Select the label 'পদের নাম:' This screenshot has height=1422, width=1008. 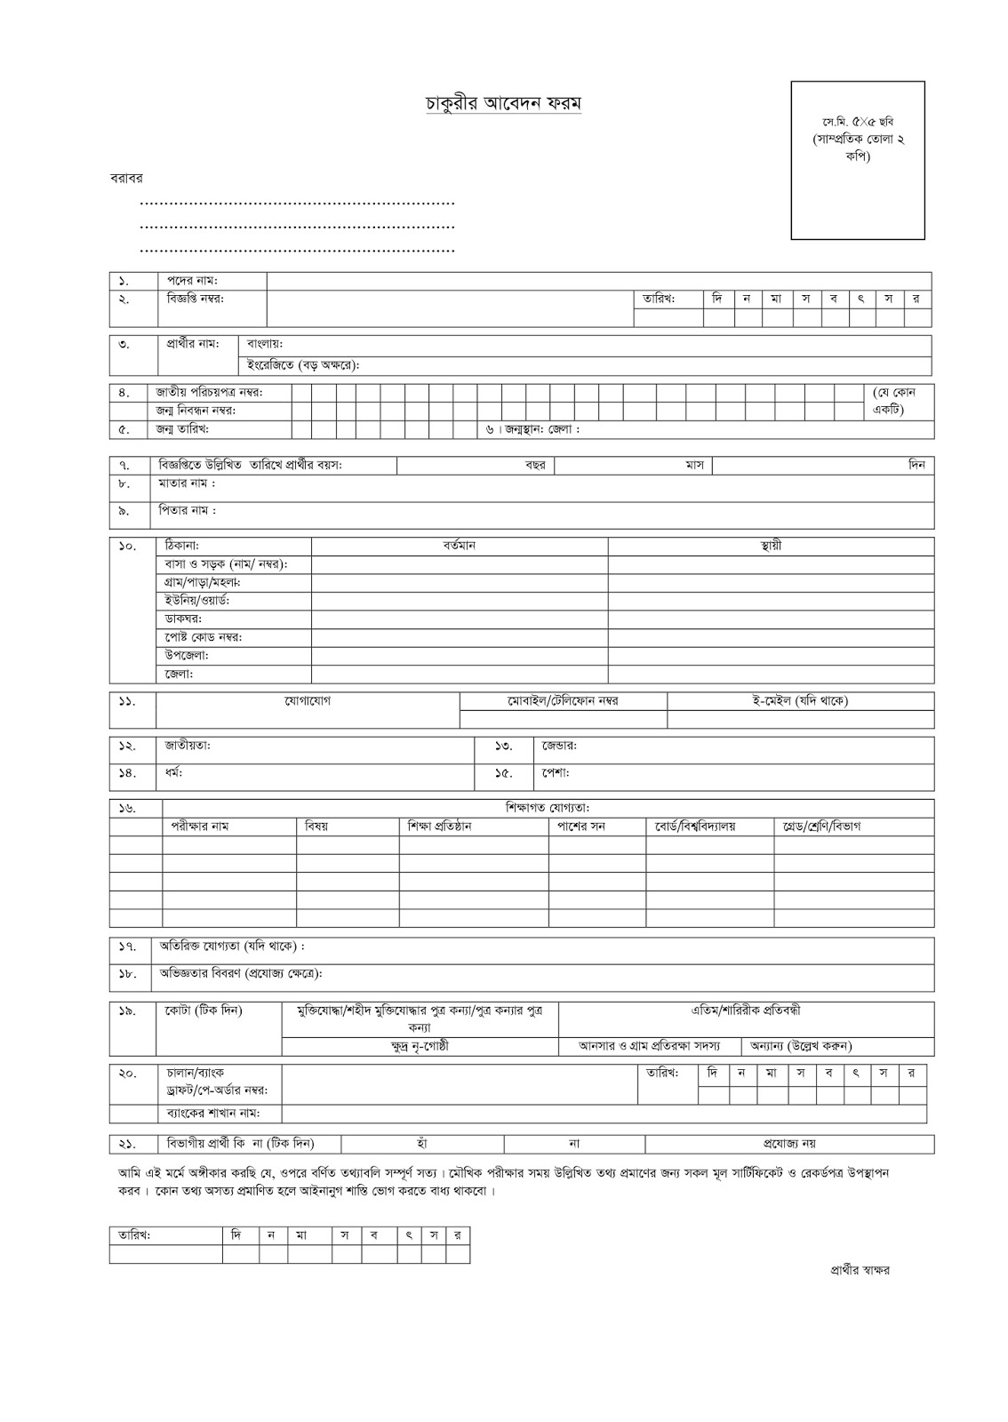click(193, 281)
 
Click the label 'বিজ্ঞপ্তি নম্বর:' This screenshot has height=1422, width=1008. click(196, 299)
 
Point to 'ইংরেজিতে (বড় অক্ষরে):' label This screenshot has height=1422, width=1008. click(302, 365)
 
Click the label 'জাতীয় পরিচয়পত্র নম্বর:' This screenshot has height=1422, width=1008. click(210, 393)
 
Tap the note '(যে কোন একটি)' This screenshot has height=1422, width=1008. click(899, 401)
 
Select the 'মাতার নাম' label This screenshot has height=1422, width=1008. click(187, 484)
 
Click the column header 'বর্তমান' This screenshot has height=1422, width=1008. click(460, 546)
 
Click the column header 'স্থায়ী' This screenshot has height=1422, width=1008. click(771, 546)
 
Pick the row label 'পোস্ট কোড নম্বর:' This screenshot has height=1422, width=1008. click(203, 637)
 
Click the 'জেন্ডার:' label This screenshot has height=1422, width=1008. click(560, 746)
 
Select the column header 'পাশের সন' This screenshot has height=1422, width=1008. click(580, 827)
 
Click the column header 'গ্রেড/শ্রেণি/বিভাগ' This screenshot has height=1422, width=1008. click(821, 827)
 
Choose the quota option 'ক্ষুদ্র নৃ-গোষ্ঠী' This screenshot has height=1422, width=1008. click(420, 1046)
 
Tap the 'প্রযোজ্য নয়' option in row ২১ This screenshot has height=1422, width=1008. click(789, 1144)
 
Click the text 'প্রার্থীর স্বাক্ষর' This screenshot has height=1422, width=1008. click(854, 1270)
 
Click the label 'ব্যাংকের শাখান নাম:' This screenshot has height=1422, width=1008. click(208, 1113)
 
